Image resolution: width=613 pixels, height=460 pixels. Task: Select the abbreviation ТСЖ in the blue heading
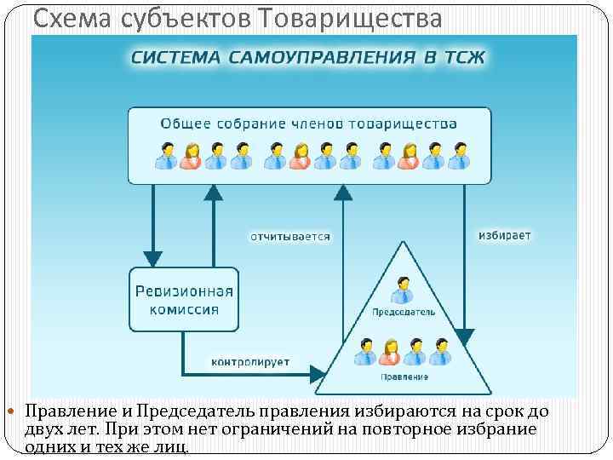pyautogui.click(x=466, y=58)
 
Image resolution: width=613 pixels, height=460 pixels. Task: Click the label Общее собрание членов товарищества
pyautogui.click(x=309, y=124)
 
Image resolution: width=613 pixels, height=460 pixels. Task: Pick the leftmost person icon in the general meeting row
pyautogui.click(x=166, y=155)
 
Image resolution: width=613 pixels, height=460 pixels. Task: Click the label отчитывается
pyautogui.click(x=289, y=236)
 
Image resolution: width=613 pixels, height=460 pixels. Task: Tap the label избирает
pyautogui.click(x=504, y=234)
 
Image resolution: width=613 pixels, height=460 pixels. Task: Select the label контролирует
pyautogui.click(x=250, y=361)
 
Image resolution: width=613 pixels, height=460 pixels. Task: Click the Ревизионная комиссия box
pyautogui.click(x=184, y=299)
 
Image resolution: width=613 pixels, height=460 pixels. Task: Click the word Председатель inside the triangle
pyautogui.click(x=403, y=313)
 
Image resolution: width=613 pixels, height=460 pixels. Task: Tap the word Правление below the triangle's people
pyautogui.click(x=404, y=376)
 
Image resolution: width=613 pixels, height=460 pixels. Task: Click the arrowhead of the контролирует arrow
pyautogui.click(x=317, y=374)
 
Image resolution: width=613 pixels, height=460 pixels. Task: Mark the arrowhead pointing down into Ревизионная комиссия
pyautogui.click(x=153, y=258)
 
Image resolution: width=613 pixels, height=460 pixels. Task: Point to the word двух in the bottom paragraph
pyautogui.click(x=44, y=429)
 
